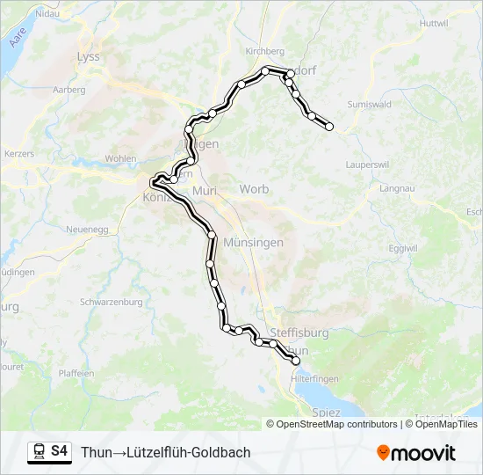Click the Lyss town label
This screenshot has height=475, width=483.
point(90,56)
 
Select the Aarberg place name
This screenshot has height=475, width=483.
point(69,90)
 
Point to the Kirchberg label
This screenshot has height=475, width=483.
point(266,51)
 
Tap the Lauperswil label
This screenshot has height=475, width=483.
point(369,164)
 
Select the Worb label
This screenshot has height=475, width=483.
point(254,190)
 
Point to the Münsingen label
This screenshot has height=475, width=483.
point(253,242)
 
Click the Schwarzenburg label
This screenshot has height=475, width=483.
point(111,302)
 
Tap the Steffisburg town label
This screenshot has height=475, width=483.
point(299,332)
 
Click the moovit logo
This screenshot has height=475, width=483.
point(416,453)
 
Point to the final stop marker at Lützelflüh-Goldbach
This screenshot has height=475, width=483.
point(330,127)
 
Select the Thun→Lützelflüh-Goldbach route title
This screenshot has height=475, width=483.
point(166,452)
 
